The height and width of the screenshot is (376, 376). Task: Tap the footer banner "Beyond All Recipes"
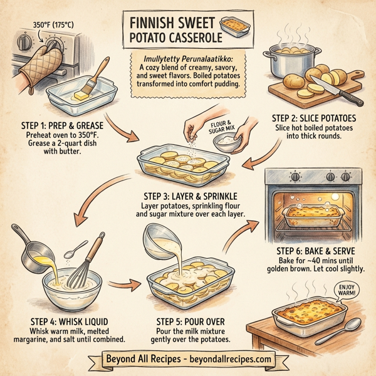[x=187, y=359]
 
